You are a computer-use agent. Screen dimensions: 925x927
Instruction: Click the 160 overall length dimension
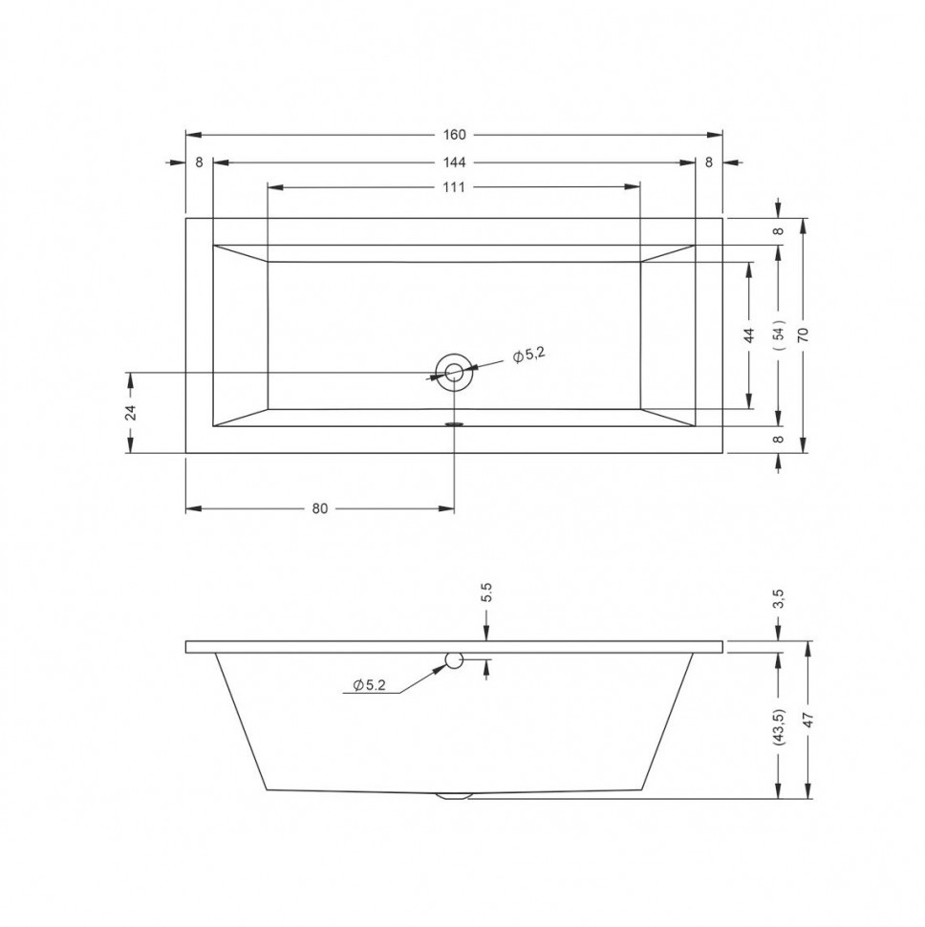click(454, 135)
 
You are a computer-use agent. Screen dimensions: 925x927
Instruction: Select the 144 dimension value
click(454, 162)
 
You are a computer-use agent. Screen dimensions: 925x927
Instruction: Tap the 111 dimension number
click(454, 187)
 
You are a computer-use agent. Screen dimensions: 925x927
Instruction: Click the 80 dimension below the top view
click(319, 508)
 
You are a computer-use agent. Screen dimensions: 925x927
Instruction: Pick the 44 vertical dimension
click(749, 335)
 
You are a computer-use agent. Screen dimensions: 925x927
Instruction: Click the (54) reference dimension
click(780, 335)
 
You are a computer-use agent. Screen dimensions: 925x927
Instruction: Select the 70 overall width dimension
click(803, 335)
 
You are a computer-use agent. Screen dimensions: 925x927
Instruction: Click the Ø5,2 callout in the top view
click(527, 355)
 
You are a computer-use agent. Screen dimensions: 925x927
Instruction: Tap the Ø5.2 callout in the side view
click(369, 684)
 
